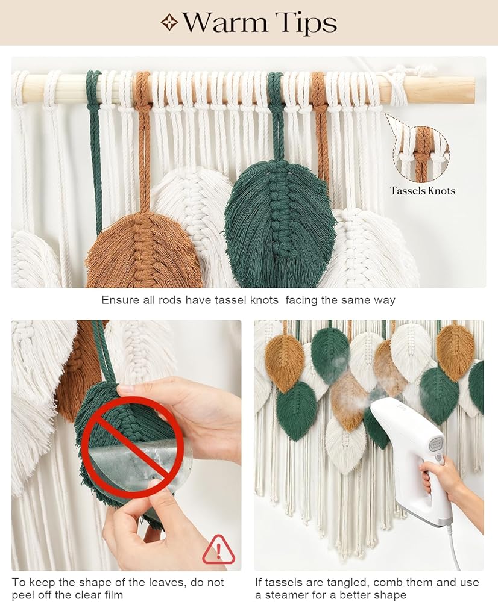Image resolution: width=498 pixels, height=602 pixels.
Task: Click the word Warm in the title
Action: [x=225, y=23]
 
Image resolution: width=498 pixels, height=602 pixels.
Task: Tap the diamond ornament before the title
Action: [x=169, y=23]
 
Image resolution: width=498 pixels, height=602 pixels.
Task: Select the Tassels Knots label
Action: [x=423, y=190]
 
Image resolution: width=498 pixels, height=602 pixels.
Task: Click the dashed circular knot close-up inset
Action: [x=421, y=154]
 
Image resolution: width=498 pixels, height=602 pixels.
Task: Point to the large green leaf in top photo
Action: [x=280, y=223]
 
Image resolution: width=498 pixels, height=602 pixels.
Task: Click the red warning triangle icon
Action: [x=218, y=550]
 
